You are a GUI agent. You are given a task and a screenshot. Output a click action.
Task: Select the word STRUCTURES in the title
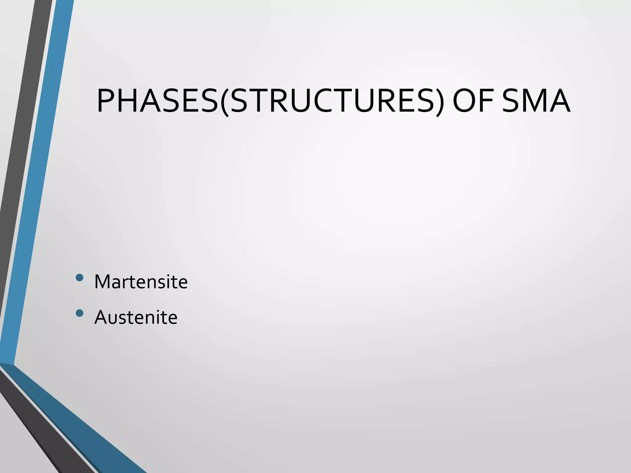point(333,101)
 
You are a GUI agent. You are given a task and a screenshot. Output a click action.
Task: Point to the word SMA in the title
point(536,101)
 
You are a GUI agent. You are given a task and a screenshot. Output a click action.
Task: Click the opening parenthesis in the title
point(225,102)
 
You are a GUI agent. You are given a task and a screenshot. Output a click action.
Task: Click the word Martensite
point(141,281)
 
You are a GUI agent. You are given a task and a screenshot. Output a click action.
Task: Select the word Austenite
point(136,317)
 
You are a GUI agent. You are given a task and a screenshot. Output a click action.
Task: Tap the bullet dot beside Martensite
point(79,277)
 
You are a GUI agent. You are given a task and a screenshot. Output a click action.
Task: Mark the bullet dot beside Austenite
point(79,313)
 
